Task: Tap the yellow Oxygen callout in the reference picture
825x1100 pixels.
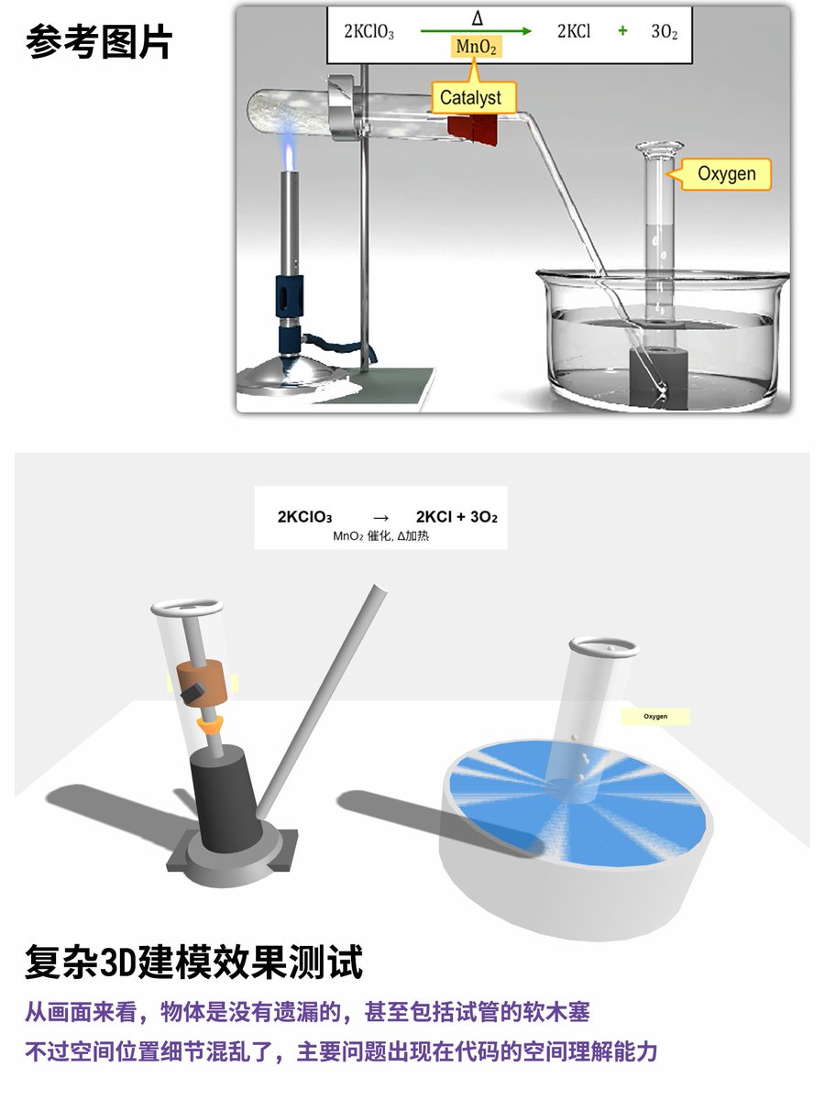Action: [x=725, y=173]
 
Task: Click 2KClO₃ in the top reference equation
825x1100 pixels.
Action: [x=368, y=31]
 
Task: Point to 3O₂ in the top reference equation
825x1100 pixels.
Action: [x=664, y=31]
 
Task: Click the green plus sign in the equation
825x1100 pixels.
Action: [x=622, y=31]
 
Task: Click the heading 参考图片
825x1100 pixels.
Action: [x=99, y=42]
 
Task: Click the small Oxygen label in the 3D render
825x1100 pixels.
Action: [x=654, y=716]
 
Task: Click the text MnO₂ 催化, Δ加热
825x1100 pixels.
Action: [x=380, y=535]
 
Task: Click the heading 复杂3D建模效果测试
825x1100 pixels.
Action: [x=193, y=962]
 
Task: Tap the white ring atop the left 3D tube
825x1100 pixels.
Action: [x=187, y=608]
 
